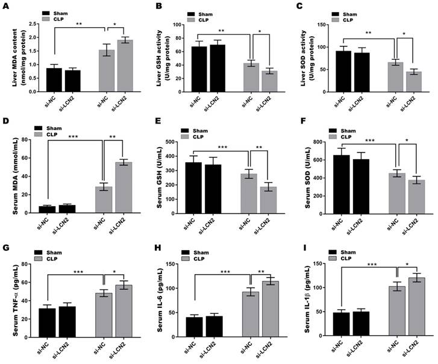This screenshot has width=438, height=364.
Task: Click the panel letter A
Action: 7,7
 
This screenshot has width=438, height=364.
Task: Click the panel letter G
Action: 7,248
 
